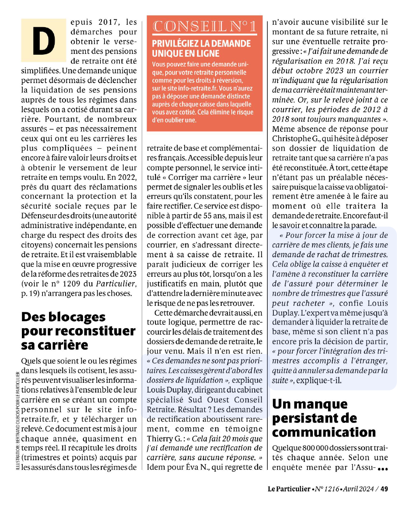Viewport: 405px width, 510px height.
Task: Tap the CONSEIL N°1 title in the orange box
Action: (204, 27)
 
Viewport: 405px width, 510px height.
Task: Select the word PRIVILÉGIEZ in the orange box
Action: (175, 44)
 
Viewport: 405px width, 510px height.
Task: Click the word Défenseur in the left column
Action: (40, 216)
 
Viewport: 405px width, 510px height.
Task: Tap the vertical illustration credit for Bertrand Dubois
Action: (17, 421)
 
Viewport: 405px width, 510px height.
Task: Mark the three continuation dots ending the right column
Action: (383, 469)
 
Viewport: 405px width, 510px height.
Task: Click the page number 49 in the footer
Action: (384, 489)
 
